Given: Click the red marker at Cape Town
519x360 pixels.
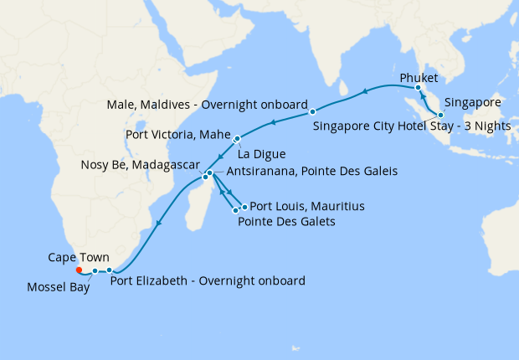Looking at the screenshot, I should [x=78, y=270].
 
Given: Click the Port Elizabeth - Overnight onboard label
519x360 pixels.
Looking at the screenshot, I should [x=208, y=280].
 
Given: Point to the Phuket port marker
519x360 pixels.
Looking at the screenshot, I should [x=418, y=88].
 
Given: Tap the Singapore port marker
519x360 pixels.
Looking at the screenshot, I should [x=440, y=114].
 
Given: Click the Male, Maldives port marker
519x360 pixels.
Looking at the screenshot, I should [x=311, y=111].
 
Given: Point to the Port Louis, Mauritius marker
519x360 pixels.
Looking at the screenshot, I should [x=244, y=206].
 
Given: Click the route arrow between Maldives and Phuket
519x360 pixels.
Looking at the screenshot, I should [x=365, y=90].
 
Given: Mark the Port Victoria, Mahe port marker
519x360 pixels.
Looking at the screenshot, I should [x=238, y=139].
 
